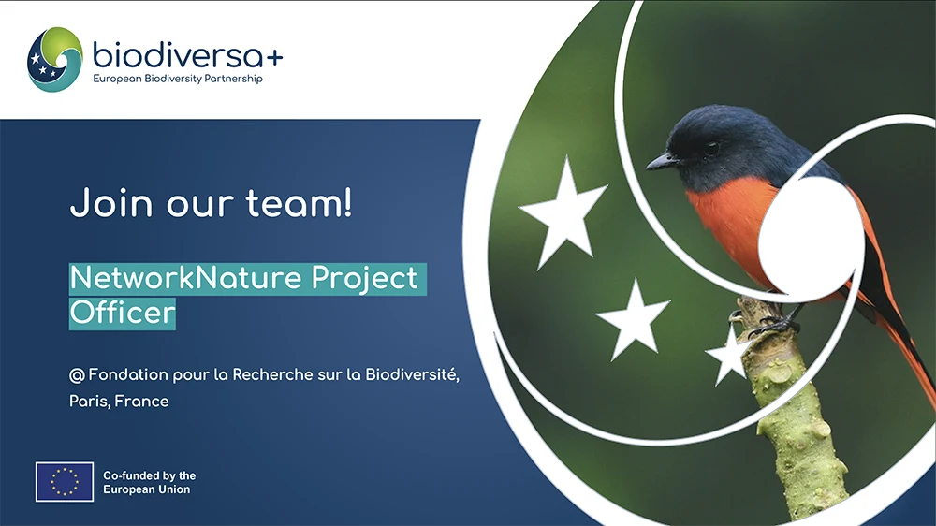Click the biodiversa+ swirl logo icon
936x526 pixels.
[x=55, y=59]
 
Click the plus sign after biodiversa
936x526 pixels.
[x=274, y=58]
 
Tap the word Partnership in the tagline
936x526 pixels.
[x=233, y=79]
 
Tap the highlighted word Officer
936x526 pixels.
[x=123, y=313]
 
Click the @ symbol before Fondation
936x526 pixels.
[x=77, y=375]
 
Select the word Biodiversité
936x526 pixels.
[x=412, y=374]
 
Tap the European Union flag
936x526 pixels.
[x=65, y=481]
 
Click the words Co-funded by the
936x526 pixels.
[x=149, y=475]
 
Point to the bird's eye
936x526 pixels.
[x=711, y=148]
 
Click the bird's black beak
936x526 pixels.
[x=662, y=161]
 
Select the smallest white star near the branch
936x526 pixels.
[x=726, y=357]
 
